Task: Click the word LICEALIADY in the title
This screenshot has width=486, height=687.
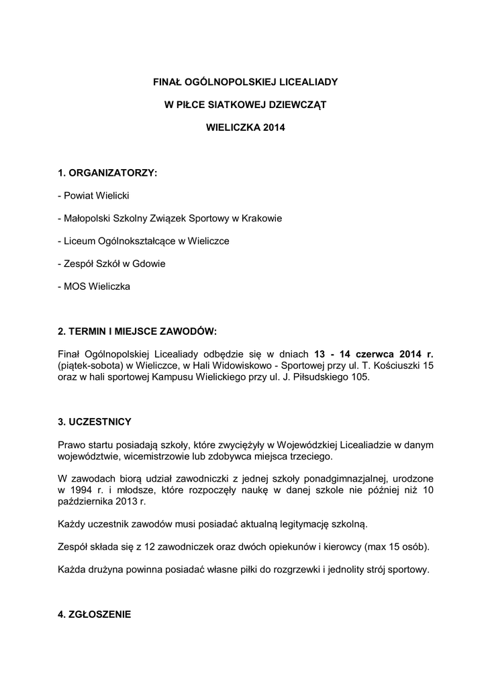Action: [305, 82]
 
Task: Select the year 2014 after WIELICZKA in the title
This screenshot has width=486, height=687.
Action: [274, 127]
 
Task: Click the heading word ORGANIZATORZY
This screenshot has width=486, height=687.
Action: [112, 173]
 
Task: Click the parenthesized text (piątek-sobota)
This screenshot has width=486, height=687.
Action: [92, 366]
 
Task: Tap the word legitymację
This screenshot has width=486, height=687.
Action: [306, 524]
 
